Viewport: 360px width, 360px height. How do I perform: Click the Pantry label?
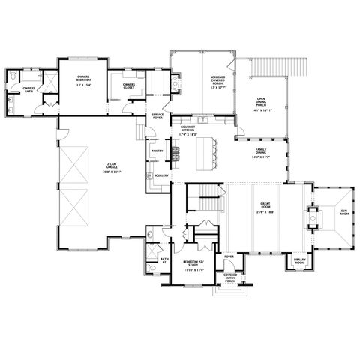point(157,150)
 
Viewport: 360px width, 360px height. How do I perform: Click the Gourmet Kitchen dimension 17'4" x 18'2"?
point(187,135)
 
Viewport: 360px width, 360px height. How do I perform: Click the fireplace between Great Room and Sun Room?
point(309,218)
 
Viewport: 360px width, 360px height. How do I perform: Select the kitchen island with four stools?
point(206,154)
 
